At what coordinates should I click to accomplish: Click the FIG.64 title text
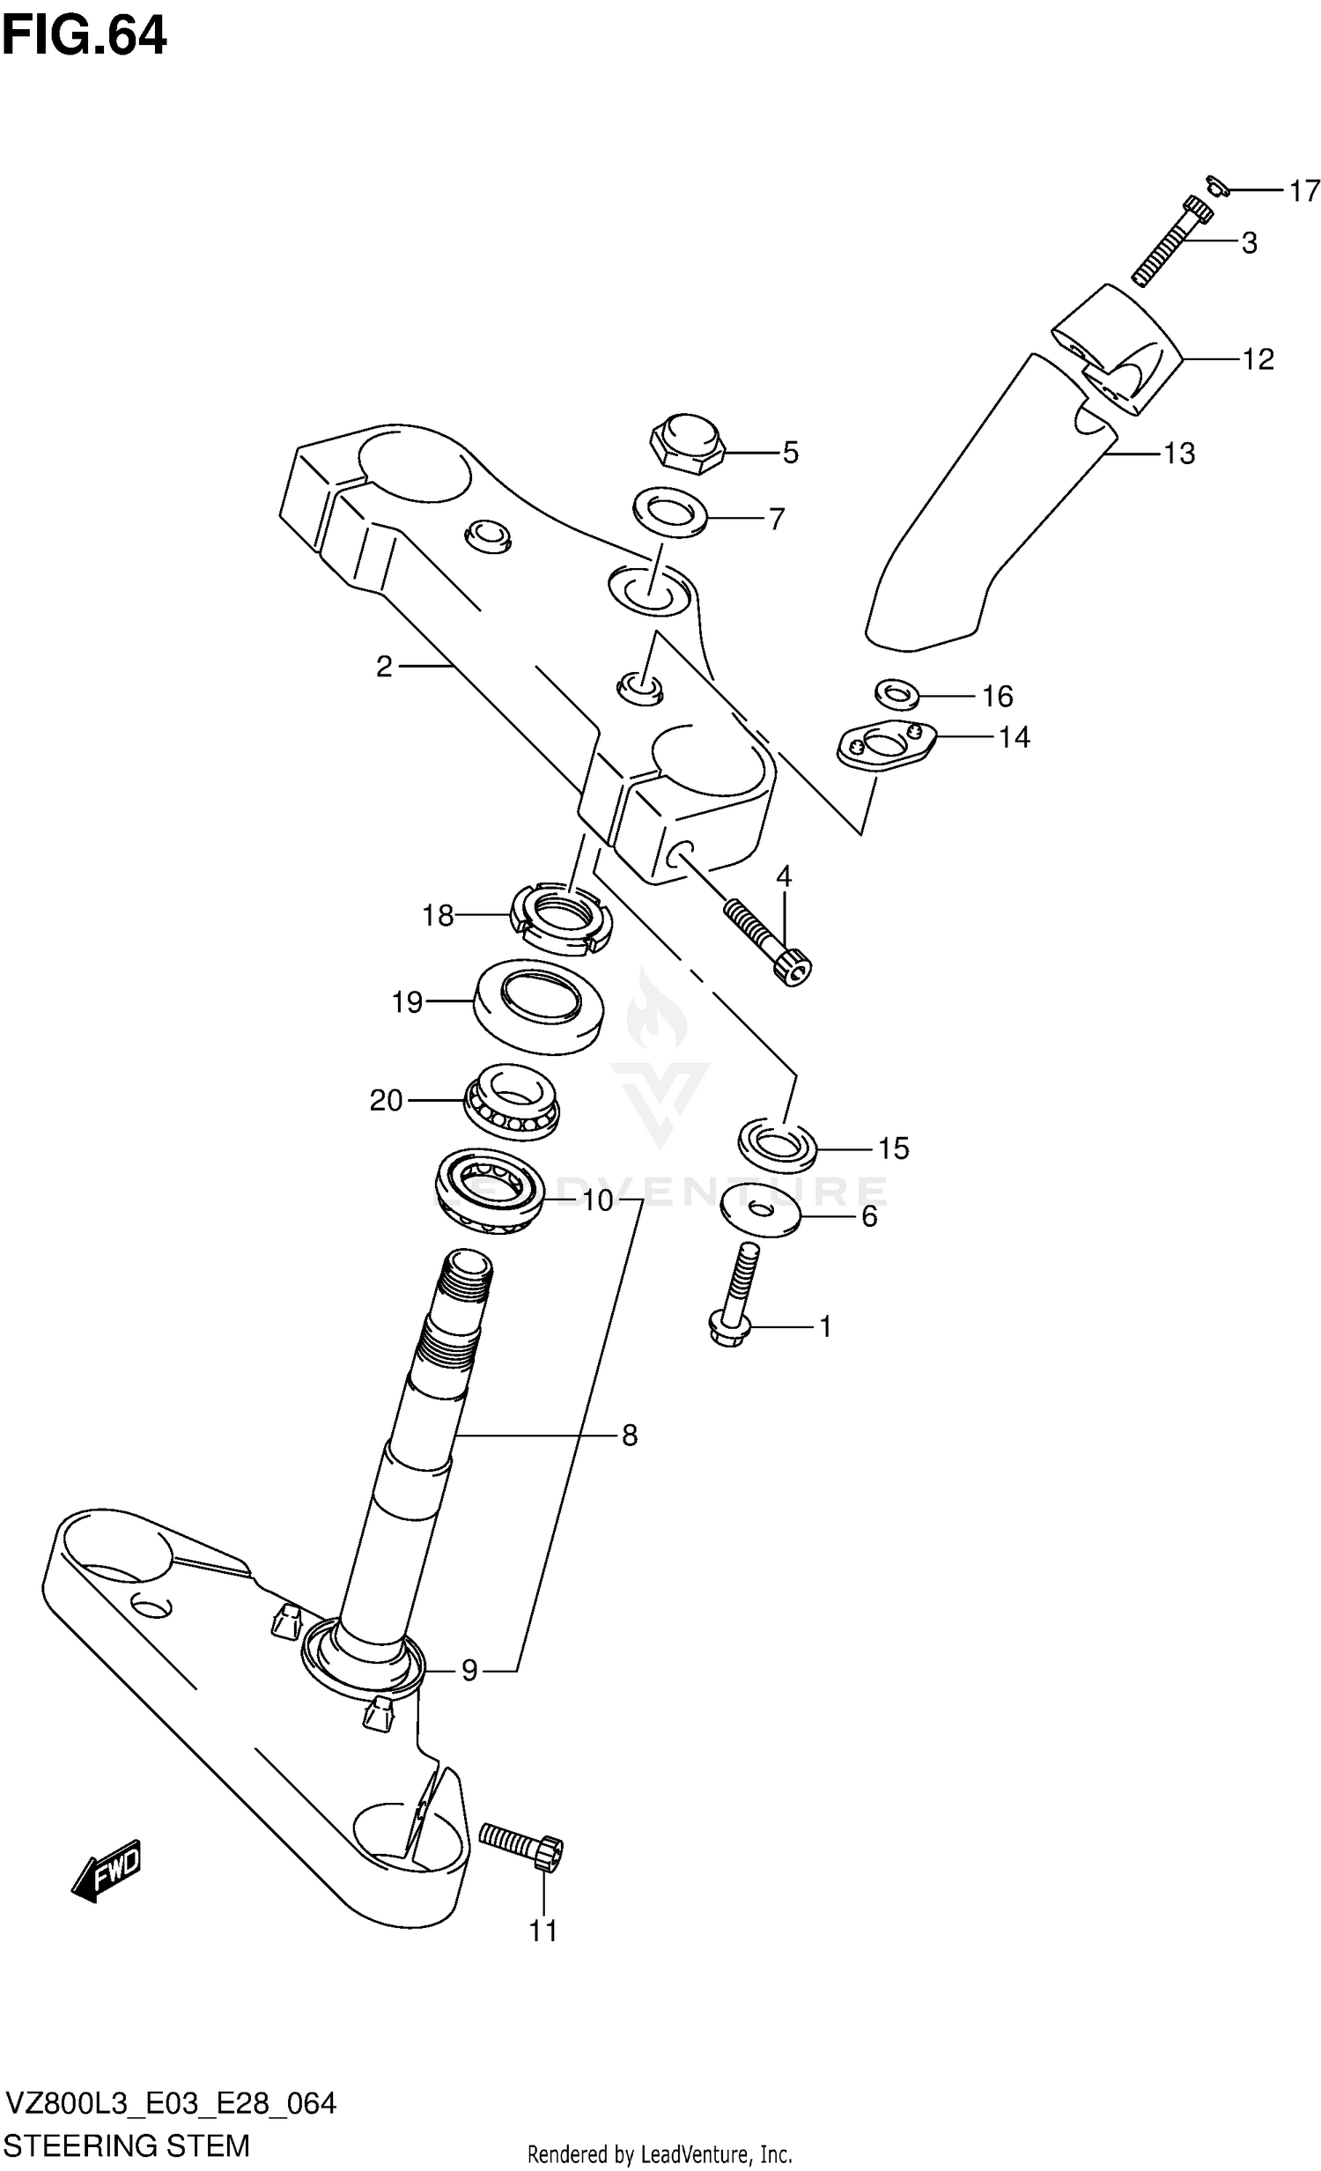pos(84,37)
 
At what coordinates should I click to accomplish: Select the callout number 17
pos(1304,190)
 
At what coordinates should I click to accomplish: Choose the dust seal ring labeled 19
pos(537,1006)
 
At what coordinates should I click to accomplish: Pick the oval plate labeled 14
pos(884,745)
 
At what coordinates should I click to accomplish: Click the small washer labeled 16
pos(897,693)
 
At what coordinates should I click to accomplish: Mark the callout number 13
pos(1179,454)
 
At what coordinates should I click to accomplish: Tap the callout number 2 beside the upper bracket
pos(383,667)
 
